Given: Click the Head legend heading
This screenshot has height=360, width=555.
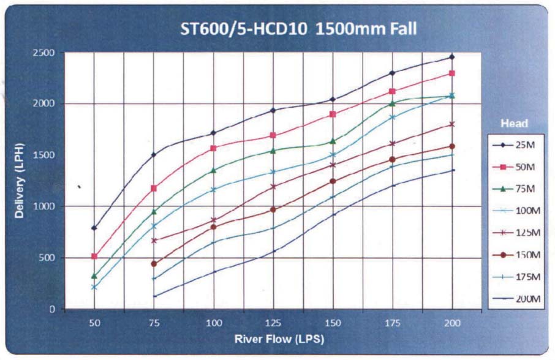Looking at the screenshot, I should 515,123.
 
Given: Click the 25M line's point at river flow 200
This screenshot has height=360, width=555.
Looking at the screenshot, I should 452,57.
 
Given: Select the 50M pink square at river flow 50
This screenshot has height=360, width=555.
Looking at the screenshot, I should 94,257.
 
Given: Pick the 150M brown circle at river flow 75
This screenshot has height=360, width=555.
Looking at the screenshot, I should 154,264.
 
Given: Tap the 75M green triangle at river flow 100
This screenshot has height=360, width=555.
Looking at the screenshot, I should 213,170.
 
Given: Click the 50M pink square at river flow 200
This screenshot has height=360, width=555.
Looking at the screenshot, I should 452,73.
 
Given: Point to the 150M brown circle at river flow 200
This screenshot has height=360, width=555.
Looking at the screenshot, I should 452,146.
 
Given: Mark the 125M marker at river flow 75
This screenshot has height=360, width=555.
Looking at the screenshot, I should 154,241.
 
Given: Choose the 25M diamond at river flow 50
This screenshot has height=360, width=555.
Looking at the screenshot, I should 94,228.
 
